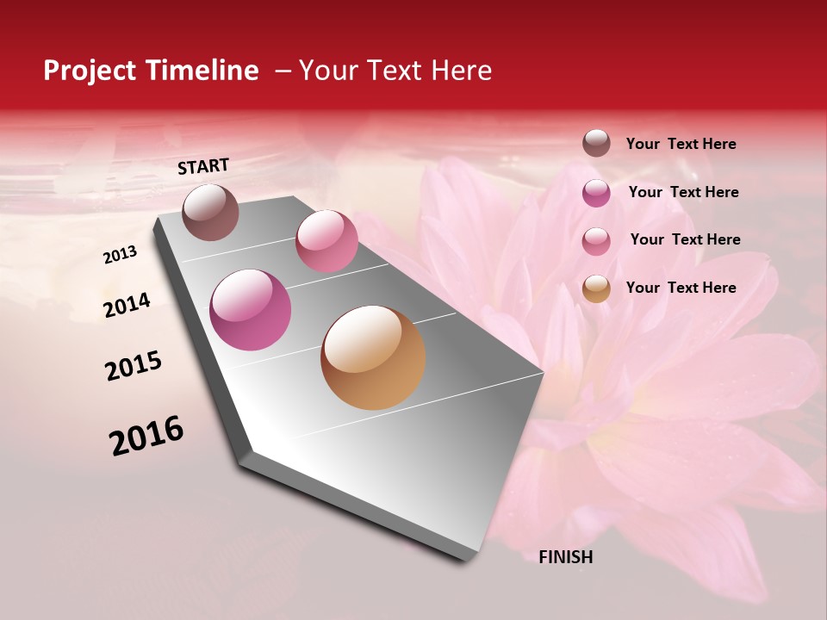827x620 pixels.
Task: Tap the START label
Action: click(x=203, y=166)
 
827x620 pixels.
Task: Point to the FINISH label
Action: click(x=566, y=557)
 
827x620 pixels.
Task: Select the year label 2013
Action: click(x=121, y=255)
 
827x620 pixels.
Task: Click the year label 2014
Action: click(x=127, y=305)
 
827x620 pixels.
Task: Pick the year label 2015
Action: click(x=134, y=366)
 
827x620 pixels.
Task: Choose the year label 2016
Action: click(x=146, y=436)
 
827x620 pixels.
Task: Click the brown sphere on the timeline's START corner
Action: click(x=210, y=212)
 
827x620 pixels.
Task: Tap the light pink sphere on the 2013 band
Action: click(x=326, y=240)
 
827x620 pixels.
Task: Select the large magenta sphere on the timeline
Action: click(x=251, y=310)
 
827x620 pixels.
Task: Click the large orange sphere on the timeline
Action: click(x=373, y=357)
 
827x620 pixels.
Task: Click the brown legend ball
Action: click(x=596, y=143)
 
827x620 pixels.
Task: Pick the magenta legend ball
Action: click(x=596, y=193)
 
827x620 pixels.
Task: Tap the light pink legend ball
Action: click(x=596, y=241)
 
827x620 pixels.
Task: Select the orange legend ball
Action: click(x=596, y=288)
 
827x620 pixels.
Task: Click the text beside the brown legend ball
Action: click(x=681, y=145)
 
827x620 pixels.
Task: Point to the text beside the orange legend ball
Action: click(x=681, y=288)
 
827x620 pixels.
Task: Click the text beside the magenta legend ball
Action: click(x=684, y=193)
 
